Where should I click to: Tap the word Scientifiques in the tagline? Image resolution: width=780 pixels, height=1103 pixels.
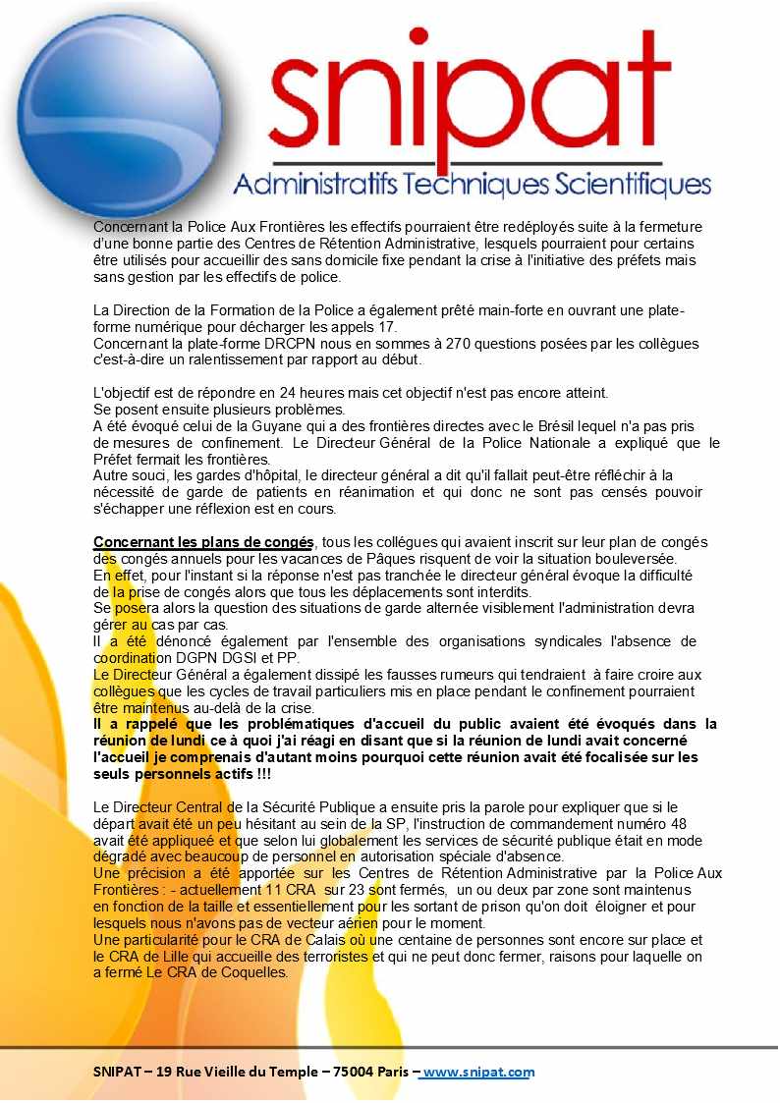(633, 184)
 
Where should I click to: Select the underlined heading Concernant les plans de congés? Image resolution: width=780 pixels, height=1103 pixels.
(203, 542)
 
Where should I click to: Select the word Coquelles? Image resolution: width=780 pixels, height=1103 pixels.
(253, 973)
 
